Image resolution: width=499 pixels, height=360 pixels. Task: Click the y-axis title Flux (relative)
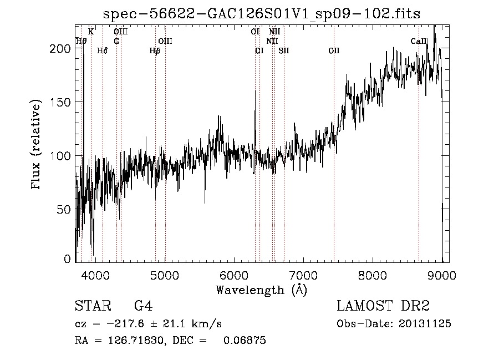point(37,145)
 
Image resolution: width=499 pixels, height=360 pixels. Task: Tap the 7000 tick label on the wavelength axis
point(303,274)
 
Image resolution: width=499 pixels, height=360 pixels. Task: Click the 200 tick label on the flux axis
point(63,48)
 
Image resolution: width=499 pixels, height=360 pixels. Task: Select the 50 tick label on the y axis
point(65,209)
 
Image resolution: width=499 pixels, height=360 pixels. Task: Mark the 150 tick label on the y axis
point(63,102)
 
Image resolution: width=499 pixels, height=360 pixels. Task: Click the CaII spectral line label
point(419,41)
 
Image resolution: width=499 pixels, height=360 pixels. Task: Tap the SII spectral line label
point(284,50)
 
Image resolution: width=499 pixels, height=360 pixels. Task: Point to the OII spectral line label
point(334,50)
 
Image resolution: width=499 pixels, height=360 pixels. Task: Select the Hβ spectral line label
point(155,50)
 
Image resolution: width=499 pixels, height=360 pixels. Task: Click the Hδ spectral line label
point(102,50)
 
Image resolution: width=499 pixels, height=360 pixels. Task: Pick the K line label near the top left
point(91,32)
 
